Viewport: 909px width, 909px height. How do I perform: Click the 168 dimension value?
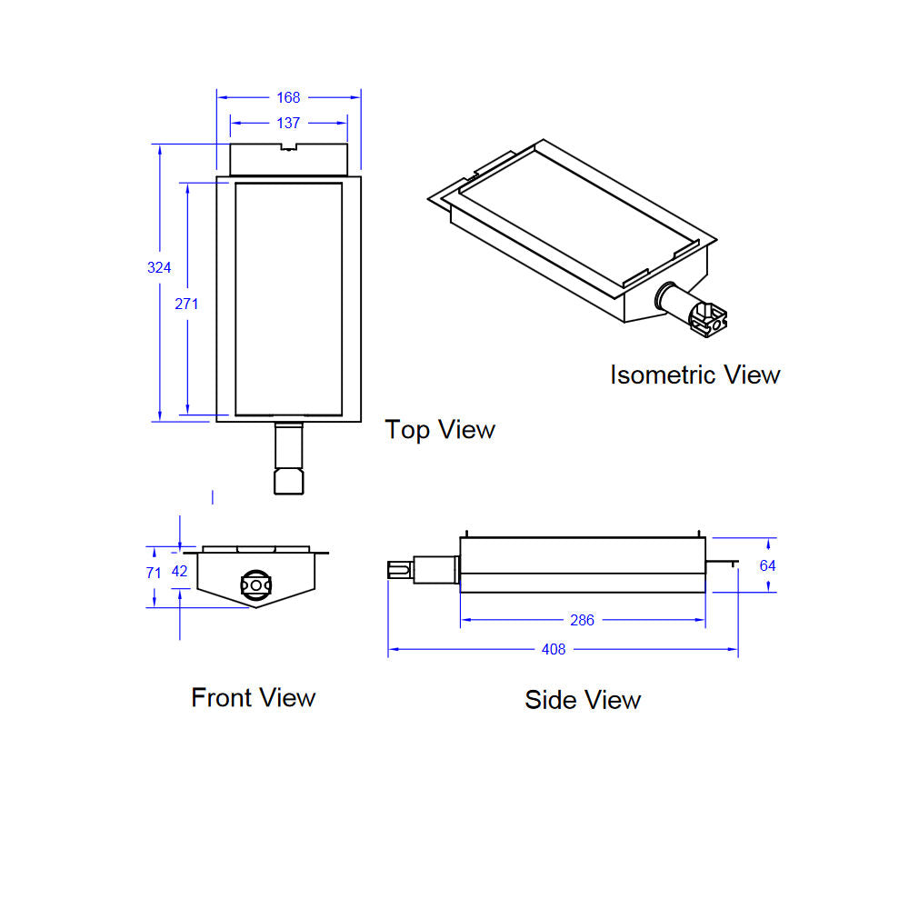pos(288,97)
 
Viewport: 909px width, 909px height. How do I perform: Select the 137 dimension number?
pos(288,123)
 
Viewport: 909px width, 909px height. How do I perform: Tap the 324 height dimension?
pos(159,267)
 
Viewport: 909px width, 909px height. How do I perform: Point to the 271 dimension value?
pos(186,304)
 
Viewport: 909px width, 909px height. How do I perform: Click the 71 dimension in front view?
pos(154,573)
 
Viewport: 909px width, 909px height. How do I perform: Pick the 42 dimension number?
pos(179,572)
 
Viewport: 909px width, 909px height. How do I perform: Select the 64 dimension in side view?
pos(768,565)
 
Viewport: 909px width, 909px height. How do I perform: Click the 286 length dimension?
pos(582,620)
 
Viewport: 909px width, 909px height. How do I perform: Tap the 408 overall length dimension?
pos(553,649)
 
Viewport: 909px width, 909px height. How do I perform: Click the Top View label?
pos(440,429)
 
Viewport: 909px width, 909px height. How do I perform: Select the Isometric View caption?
pos(694,375)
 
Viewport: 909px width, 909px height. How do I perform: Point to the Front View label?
pos(253,697)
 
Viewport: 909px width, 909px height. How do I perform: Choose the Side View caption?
pos(583,699)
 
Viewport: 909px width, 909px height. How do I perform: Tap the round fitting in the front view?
pos(256,584)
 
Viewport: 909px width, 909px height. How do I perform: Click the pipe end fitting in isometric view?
pos(708,318)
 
